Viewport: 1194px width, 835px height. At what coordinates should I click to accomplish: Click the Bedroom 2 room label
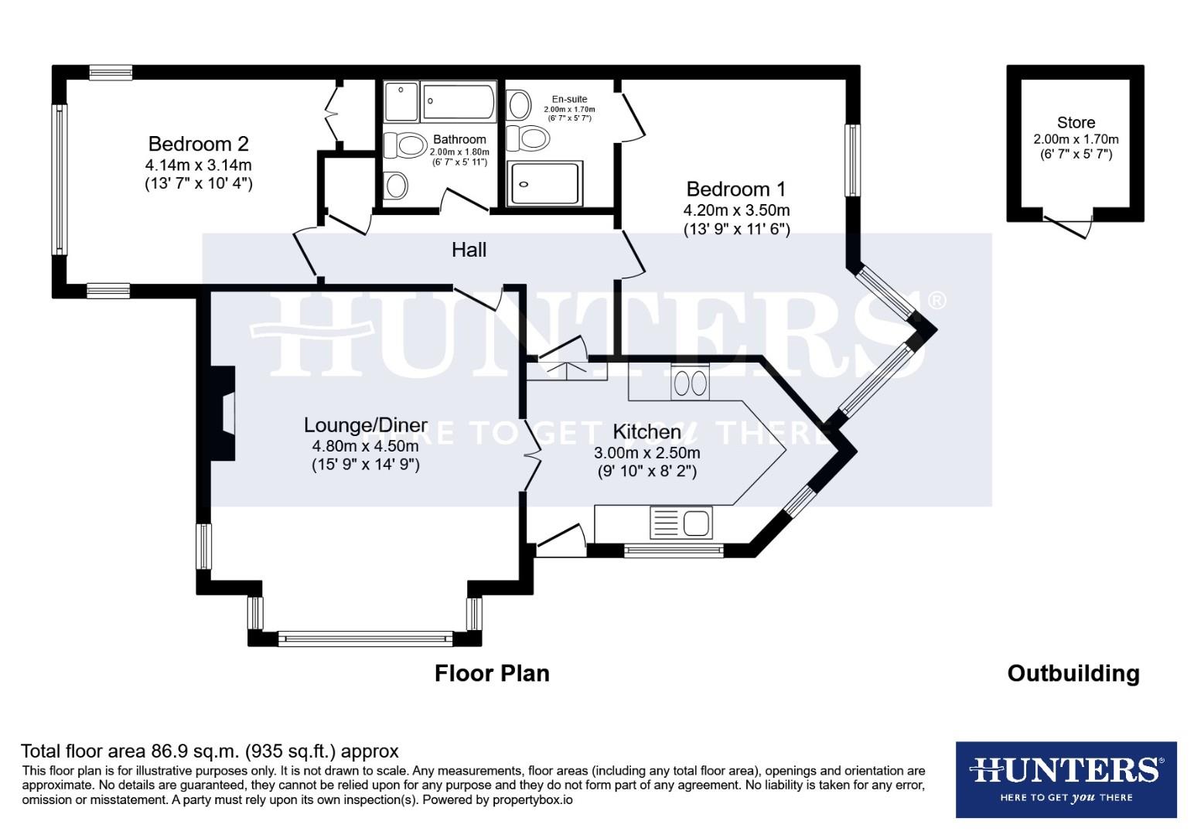pyautogui.click(x=198, y=144)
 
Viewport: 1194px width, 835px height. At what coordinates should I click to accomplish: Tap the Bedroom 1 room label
pyautogui.click(x=735, y=189)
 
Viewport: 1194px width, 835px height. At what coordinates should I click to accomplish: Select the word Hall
pyautogui.click(x=469, y=250)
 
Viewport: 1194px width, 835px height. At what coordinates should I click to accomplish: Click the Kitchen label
pyautogui.click(x=646, y=431)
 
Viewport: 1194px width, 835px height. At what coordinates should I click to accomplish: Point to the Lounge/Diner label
pyautogui.click(x=365, y=425)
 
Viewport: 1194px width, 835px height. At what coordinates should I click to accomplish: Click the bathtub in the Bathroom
pyautogui.click(x=459, y=102)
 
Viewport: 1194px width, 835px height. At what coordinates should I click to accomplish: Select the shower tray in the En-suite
pyautogui.click(x=543, y=183)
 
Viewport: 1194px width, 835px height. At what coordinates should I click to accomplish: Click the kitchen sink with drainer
pyautogui.click(x=681, y=523)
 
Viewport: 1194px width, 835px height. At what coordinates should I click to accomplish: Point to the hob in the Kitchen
pyautogui.click(x=689, y=383)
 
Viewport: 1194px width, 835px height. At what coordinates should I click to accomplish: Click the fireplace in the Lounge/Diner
pyautogui.click(x=224, y=415)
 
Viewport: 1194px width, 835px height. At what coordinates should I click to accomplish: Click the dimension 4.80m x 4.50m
pyautogui.click(x=365, y=446)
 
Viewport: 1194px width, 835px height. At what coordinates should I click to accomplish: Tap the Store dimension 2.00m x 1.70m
pyautogui.click(x=1076, y=140)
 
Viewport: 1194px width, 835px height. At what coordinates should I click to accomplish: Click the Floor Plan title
pyautogui.click(x=492, y=673)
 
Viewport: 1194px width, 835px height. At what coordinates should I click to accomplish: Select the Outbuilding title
pyautogui.click(x=1073, y=673)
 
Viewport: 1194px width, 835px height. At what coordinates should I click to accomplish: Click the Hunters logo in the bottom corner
pyautogui.click(x=1066, y=779)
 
